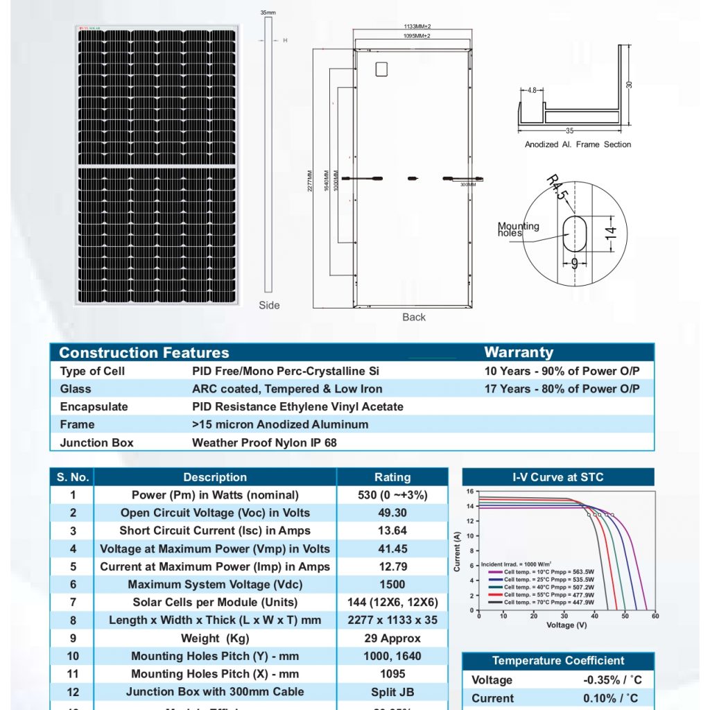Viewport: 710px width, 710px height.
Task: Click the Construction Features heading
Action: coord(144,353)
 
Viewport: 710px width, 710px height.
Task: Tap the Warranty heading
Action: coord(519,352)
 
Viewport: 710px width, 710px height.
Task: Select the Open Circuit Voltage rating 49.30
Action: coord(392,513)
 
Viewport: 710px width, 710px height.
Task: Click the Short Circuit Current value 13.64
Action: coord(392,531)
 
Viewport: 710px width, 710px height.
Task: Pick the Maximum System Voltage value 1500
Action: coord(392,585)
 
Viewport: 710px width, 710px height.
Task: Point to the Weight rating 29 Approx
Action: coord(392,638)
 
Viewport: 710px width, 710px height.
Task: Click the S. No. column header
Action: coord(72,477)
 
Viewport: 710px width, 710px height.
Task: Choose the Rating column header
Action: coord(392,477)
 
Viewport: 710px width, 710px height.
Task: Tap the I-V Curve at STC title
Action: coord(557,477)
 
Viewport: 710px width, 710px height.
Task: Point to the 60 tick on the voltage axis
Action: coord(655,616)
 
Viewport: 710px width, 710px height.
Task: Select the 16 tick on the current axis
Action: coord(469,492)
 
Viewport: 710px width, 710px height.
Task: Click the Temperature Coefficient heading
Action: coord(558,661)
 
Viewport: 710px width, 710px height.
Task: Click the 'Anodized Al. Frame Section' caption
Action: coord(578,144)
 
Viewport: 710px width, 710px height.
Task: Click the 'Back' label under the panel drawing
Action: coord(414,317)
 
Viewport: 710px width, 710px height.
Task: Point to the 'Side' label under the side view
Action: coord(269,305)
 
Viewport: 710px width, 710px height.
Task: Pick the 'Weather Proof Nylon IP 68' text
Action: coord(264,442)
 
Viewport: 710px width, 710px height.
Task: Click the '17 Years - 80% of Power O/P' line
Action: coord(562,389)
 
